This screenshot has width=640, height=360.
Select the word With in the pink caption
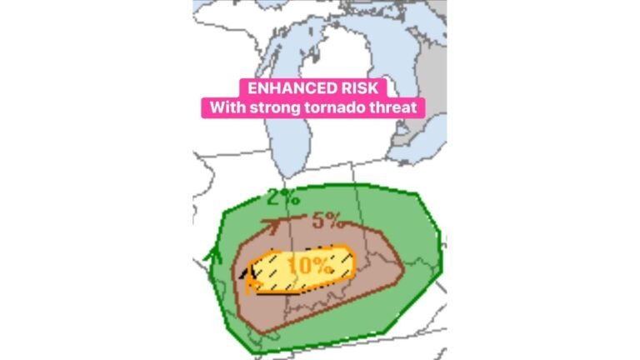tap(225, 108)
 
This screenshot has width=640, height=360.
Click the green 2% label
tap(283, 198)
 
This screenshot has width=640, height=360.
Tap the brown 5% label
tap(327, 222)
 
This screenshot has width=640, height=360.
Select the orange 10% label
tap(311, 267)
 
